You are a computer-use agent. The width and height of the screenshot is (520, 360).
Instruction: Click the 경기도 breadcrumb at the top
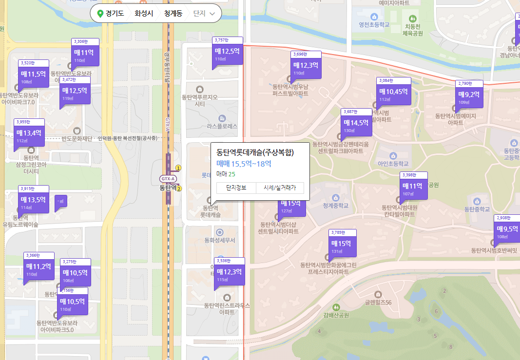click(115, 14)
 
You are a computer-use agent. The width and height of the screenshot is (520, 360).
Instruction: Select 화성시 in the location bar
click(144, 14)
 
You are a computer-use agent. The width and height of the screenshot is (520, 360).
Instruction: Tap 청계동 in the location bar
click(173, 14)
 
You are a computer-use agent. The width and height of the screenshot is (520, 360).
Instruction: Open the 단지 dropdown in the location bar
click(204, 14)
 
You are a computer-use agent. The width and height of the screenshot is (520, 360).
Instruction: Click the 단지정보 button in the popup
click(236, 188)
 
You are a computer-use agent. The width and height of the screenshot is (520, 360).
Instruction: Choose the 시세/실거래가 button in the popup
click(280, 188)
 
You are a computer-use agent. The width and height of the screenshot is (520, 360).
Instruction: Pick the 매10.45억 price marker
click(393, 92)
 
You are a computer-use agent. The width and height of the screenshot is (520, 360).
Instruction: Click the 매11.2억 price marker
click(39, 267)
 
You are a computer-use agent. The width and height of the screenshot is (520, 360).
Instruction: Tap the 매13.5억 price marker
click(34, 200)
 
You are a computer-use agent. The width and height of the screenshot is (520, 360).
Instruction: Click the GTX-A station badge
click(168, 179)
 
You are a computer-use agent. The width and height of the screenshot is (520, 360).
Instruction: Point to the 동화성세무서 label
click(220, 240)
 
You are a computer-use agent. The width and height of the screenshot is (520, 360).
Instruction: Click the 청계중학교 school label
click(336, 206)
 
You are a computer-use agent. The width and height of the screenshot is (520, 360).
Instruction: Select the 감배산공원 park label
click(336, 315)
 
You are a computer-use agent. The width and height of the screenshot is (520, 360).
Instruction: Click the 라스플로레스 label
click(222, 126)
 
